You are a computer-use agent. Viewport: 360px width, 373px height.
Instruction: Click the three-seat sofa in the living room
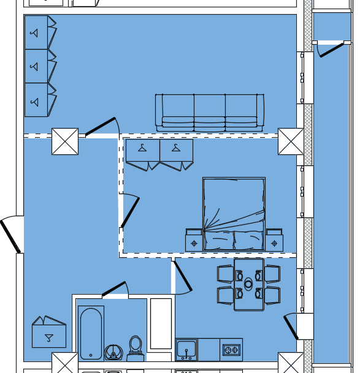pyautogui.click(x=210, y=112)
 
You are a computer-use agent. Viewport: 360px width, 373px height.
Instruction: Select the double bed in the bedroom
pyautogui.click(x=234, y=214)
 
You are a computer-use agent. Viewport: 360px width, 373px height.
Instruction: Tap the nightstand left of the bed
pyautogui.click(x=194, y=239)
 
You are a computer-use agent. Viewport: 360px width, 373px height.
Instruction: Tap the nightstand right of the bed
pyautogui.click(x=274, y=239)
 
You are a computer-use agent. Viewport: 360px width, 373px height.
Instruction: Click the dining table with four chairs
pyautogui.click(x=248, y=284)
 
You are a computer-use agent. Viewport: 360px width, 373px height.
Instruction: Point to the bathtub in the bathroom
pyautogui.click(x=91, y=333)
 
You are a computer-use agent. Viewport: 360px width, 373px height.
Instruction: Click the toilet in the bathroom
pyautogui.click(x=136, y=346)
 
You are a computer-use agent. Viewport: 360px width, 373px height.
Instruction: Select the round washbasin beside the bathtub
pyautogui.click(x=113, y=352)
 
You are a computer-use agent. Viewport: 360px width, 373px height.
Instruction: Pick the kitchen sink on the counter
pyautogui.click(x=186, y=350)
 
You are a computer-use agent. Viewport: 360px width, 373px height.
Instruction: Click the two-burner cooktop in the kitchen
pyautogui.click(x=231, y=350)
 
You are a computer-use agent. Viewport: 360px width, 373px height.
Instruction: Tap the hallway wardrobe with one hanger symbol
pyautogui.click(x=48, y=333)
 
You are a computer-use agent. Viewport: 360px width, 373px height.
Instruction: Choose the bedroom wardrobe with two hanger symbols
pyautogui.click(x=159, y=154)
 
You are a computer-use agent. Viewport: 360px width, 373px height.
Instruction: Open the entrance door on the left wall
pyautogui.click(x=10, y=235)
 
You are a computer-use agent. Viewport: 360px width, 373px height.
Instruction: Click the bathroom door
pyautogui.click(x=113, y=288)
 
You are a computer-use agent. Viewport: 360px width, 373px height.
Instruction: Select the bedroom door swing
pyautogui.click(x=129, y=211)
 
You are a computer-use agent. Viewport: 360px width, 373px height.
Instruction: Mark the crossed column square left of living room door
pyautogui.click(x=64, y=141)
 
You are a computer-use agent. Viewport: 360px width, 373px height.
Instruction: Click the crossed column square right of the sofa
pyautogui.click(x=291, y=141)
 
